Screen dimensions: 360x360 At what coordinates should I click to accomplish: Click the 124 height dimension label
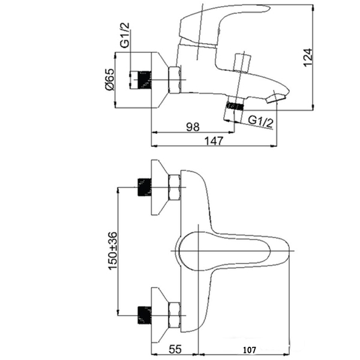(308, 58)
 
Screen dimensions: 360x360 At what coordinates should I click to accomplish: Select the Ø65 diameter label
(110, 79)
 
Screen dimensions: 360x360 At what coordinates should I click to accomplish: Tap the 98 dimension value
(193, 127)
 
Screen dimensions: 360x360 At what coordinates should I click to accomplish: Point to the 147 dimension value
(214, 140)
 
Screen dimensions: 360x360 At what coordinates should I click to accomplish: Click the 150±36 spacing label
(113, 251)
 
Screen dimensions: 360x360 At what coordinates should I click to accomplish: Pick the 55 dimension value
(175, 349)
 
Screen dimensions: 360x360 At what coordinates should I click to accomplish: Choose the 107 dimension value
(250, 350)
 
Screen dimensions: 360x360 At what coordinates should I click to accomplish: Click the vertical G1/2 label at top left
(125, 35)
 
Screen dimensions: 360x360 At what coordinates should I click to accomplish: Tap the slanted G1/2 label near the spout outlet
(261, 122)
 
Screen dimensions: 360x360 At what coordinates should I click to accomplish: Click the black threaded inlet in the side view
(145, 80)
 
